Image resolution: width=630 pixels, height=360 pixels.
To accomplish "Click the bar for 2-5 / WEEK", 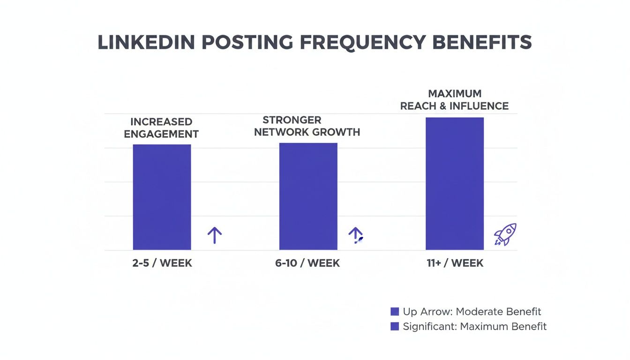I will pos(162,197).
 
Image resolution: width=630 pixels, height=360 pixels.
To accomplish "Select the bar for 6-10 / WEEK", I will pos(308,196).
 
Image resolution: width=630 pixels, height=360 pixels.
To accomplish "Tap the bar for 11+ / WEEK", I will pos(454,183).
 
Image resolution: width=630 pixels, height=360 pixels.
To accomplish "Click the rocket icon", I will pos(505,234).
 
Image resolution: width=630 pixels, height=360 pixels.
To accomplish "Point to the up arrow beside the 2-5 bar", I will pos(214,235).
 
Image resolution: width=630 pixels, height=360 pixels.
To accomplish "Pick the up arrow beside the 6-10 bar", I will pos(356,235).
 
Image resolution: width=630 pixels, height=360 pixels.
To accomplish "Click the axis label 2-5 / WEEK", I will pos(162,263).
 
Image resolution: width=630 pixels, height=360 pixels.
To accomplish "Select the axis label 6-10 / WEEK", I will pos(307,263).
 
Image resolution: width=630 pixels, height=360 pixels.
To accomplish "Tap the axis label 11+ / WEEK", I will pos(455,263).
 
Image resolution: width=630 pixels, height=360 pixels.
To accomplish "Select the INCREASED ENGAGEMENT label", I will pos(161,127).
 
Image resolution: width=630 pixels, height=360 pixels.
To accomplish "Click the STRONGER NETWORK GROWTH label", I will pos(307,126).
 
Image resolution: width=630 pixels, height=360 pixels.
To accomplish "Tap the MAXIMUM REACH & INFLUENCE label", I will pos(454,100).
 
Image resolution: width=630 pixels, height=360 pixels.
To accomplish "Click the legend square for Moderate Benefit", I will pos(395,311).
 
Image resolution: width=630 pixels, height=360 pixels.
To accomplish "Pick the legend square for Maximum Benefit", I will pos(395,326).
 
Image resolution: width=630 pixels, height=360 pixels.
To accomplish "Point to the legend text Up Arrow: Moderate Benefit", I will pos(472,311).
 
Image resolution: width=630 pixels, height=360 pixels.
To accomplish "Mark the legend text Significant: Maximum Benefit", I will pos(474,326).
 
